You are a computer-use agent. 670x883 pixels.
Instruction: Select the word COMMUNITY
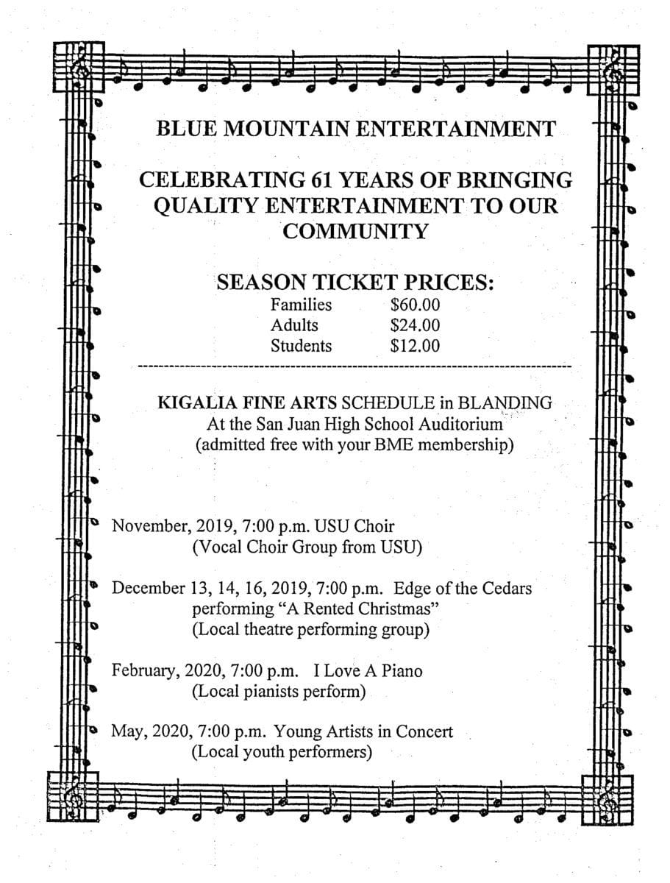pyautogui.click(x=355, y=231)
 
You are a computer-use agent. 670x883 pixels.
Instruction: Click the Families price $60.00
pyautogui.click(x=415, y=304)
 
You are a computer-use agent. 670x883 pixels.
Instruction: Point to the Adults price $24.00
pyautogui.click(x=415, y=325)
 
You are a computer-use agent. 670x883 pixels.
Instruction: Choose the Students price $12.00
pyautogui.click(x=415, y=345)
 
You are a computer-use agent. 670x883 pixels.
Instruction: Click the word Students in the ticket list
pyautogui.click(x=301, y=345)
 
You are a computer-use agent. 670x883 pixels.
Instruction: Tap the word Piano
pyautogui.click(x=401, y=671)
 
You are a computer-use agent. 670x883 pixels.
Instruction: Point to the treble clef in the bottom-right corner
pyautogui.click(x=609, y=797)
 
